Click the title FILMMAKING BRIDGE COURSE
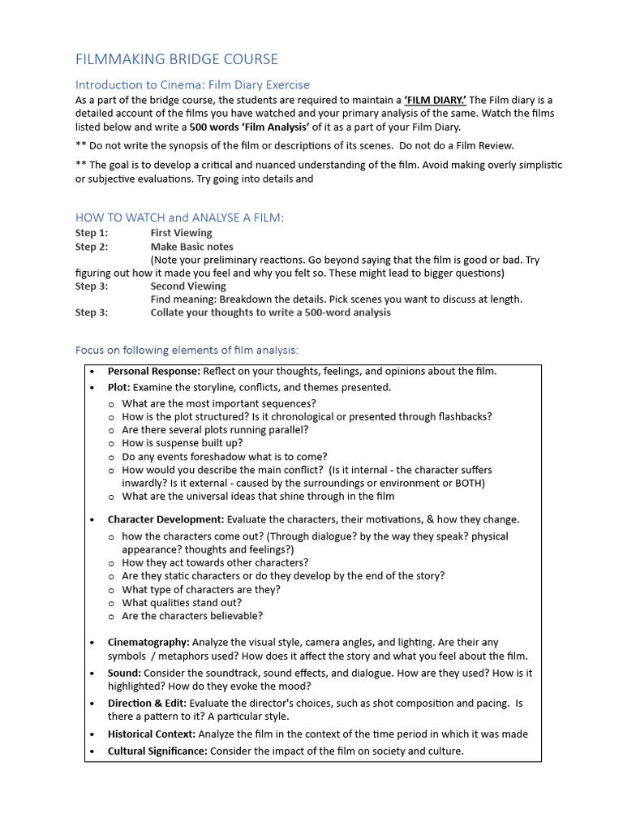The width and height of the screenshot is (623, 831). click(176, 59)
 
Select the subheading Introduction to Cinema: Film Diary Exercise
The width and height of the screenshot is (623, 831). click(192, 84)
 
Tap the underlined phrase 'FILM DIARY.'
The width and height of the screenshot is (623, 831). click(435, 100)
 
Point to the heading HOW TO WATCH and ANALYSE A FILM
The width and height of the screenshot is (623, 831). click(179, 217)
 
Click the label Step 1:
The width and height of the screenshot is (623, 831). click(92, 234)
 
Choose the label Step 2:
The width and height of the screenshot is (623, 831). click(92, 247)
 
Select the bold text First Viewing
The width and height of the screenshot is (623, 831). click(181, 234)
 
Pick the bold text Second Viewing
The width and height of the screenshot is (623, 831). click(188, 286)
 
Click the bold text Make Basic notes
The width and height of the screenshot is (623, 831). click(191, 247)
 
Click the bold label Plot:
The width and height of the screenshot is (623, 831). click(119, 388)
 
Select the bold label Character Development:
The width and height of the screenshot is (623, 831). click(165, 519)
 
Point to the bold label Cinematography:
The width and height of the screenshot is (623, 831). click(148, 643)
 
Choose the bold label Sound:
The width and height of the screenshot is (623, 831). click(124, 674)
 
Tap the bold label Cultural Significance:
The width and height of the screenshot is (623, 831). click(157, 751)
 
